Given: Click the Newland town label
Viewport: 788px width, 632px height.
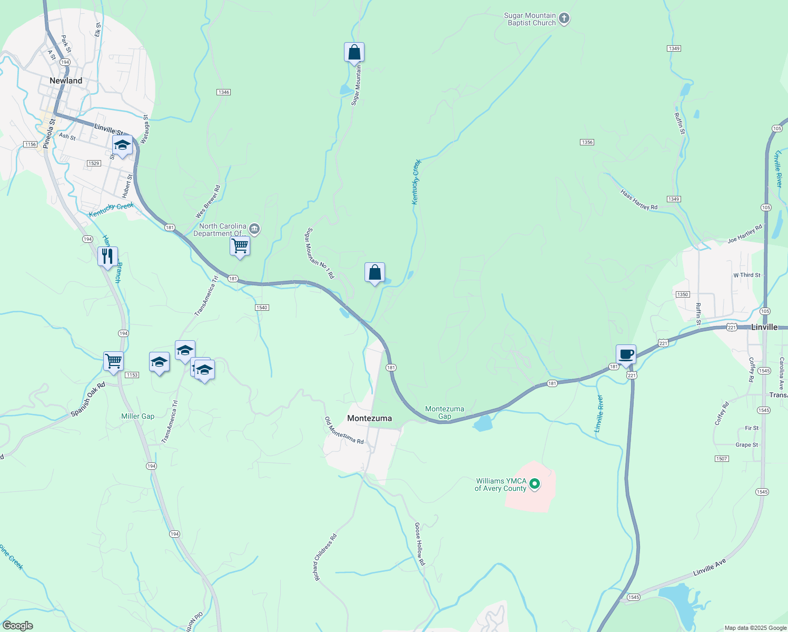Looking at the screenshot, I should pos(66,81).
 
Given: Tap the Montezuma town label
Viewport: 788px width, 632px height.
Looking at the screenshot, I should pos(369,418).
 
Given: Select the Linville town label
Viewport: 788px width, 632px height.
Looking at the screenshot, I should pos(764,327).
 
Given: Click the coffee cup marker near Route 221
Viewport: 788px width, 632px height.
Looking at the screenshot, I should pos(626,354).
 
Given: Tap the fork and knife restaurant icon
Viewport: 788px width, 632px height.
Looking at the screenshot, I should pos(107,256).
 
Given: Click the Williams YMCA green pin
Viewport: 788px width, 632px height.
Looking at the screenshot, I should pos(535,483).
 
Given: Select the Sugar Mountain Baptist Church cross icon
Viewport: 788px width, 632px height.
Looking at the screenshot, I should pos(564,19).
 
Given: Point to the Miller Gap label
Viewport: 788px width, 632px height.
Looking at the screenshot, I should pos(138,416).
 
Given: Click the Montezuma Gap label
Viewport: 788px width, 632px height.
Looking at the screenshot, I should pos(445,412).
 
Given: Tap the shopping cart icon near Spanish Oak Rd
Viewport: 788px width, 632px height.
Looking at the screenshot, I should pos(114,361).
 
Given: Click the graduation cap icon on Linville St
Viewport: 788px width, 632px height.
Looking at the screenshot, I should pos(122,145).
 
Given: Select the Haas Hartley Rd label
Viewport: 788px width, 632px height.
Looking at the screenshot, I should pos(639,200).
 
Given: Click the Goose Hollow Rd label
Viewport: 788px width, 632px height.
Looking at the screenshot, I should pos(419,544).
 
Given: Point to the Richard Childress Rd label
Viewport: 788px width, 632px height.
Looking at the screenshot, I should pos(325,558).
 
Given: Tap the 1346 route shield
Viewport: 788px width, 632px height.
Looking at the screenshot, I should pos(223,92).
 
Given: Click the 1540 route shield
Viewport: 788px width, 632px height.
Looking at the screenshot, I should pos(262,308).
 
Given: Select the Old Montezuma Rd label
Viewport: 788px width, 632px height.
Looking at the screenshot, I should pos(344,430).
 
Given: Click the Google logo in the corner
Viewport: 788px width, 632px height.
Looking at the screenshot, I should pos(18,626).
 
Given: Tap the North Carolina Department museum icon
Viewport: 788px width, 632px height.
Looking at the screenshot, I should pos(254,229).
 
